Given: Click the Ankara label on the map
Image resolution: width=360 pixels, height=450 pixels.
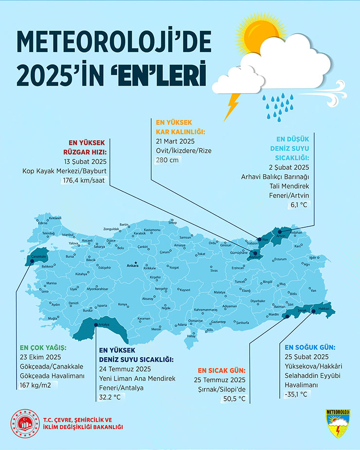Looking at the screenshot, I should [132, 266].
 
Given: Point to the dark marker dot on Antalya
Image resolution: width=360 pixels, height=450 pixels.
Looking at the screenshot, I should [95, 324].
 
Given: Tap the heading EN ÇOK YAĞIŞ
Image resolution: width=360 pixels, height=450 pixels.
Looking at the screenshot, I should [43, 348].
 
